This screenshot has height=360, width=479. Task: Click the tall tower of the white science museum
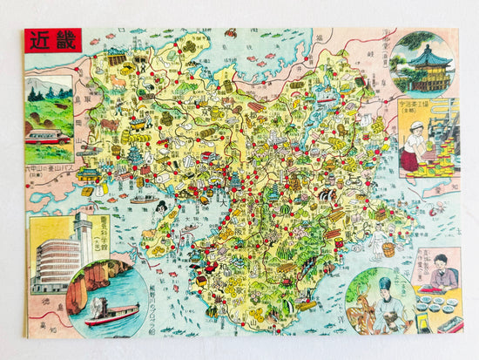pyautogui.click(x=83, y=240)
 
